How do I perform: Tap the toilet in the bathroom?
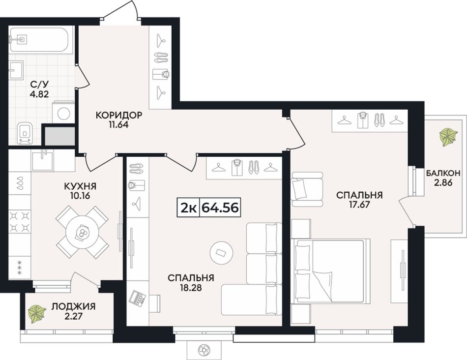coord(25,133)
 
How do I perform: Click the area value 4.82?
coord(39,95)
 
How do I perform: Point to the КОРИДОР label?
coord(119,115)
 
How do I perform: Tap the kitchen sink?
coord(43,160)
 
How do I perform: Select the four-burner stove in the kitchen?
coord(20,222)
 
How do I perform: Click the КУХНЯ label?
coord(80,186)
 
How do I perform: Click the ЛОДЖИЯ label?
coord(74,306)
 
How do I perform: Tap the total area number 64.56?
coord(220,208)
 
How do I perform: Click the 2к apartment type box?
coord(188,208)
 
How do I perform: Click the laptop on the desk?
coord(137,297)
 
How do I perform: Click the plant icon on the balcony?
coord(448,137)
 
